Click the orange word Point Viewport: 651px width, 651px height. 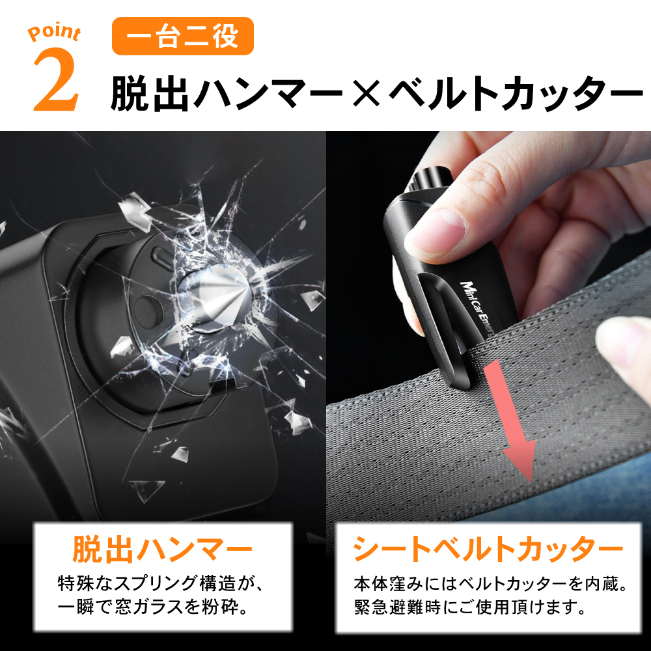[x=55, y=33]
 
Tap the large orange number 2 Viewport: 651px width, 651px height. [x=57, y=79]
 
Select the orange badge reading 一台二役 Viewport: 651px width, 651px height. [x=183, y=36]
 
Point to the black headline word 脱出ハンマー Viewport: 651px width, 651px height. [x=227, y=94]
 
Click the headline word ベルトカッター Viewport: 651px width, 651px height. [x=516, y=94]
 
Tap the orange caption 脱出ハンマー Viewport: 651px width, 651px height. [x=162, y=549]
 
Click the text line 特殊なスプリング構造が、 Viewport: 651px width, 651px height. [x=161, y=583]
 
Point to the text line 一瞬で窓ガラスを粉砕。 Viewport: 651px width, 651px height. [x=154, y=607]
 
